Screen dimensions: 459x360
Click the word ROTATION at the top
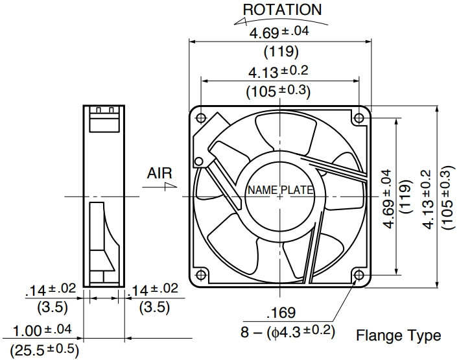tap(282, 10)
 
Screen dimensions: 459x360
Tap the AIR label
tap(159, 173)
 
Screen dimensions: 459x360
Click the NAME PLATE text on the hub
tap(280, 190)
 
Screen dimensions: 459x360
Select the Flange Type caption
tap(399, 336)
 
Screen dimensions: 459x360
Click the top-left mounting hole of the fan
tap(201, 118)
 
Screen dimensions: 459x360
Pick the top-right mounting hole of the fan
tap(359, 118)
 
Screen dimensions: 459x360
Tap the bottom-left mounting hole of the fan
tap(201, 275)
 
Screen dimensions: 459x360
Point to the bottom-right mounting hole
tap(359, 275)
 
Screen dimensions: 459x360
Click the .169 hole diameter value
tap(281, 313)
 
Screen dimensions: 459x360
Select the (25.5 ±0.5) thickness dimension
tap(44, 350)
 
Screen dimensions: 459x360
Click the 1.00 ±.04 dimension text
tap(42, 330)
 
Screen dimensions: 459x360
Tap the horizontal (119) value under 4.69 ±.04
tap(281, 51)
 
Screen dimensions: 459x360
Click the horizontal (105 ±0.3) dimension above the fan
tap(278, 91)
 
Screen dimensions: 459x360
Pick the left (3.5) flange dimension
tap(53, 307)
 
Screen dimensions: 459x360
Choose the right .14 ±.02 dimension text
tap(152, 289)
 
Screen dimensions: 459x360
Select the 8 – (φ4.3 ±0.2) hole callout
tap(288, 332)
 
